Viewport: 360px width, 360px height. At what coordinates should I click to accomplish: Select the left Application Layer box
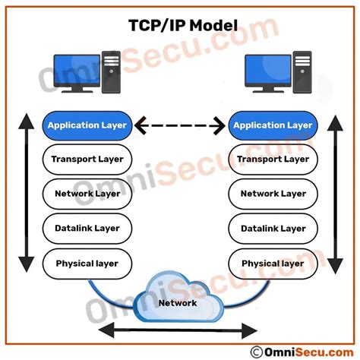pyautogui.click(x=87, y=125)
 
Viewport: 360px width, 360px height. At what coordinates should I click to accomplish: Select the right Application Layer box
pyautogui.click(x=273, y=125)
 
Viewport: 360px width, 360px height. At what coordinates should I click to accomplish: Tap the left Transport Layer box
pyautogui.click(x=87, y=159)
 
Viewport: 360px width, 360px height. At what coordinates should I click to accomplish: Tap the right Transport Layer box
pyautogui.click(x=273, y=159)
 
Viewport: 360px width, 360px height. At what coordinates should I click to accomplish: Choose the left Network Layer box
pyautogui.click(x=87, y=194)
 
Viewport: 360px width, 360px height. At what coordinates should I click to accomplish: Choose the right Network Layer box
pyautogui.click(x=273, y=194)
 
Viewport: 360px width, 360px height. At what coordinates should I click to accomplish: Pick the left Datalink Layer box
pyautogui.click(x=87, y=228)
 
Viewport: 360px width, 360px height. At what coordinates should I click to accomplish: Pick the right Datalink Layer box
pyautogui.click(x=273, y=228)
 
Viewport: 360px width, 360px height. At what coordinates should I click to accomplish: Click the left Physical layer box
pyautogui.click(x=87, y=264)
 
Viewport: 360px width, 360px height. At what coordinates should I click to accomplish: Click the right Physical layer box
pyautogui.click(x=273, y=264)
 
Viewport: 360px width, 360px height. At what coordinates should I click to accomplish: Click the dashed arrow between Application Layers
pyautogui.click(x=180, y=125)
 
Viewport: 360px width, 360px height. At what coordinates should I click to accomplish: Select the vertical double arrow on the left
pyautogui.click(x=25, y=194)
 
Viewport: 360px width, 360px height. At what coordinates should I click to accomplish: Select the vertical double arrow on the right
pyautogui.click(x=336, y=194)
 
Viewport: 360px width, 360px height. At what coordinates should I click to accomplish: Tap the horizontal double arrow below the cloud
pyautogui.click(x=179, y=330)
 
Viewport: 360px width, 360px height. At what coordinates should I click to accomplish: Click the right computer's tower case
pyautogui.click(x=302, y=72)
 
